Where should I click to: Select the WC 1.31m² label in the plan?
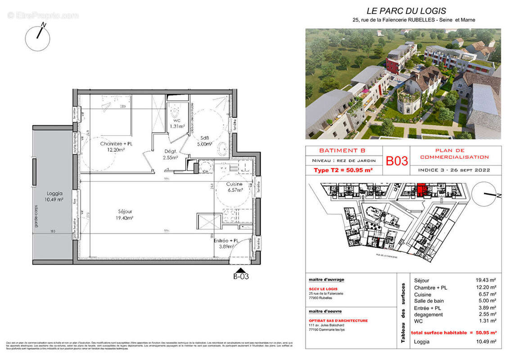pos(177,123)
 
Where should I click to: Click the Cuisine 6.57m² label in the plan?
pos(234,187)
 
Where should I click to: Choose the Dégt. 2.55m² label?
pos(171,155)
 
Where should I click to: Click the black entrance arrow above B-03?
pos(241,270)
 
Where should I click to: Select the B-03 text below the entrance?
pos(241,277)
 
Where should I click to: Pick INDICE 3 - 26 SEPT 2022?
pos(454,171)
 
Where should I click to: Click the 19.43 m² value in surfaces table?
pos(486,280)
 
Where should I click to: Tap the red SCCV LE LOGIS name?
pos(323,289)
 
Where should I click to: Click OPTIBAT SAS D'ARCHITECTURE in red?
pos(338,321)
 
